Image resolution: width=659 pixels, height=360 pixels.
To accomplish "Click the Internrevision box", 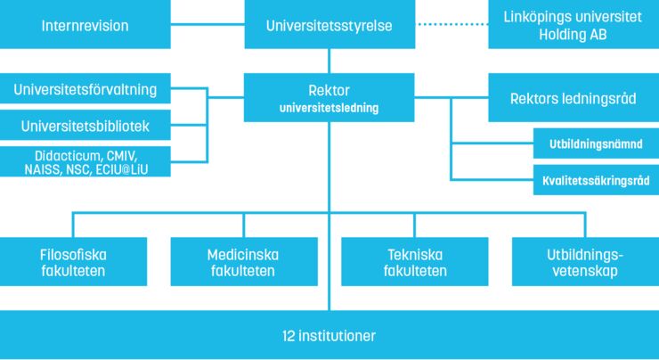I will (85, 25).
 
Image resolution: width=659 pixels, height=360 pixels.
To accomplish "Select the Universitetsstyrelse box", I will (329, 25).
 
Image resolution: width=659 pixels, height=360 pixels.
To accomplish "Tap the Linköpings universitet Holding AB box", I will (574, 25).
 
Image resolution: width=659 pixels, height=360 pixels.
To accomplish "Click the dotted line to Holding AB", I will (452, 25).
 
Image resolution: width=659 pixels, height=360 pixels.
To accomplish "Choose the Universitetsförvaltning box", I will (85, 89).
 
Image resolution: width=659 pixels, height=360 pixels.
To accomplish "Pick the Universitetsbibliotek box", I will (85, 127).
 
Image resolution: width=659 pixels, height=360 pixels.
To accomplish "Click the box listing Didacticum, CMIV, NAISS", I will (85, 161).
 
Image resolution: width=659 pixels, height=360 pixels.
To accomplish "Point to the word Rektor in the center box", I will (329, 91).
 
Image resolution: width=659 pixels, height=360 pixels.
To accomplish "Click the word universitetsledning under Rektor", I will (329, 109).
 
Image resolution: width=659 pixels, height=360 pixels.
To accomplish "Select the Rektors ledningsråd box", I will (574, 97).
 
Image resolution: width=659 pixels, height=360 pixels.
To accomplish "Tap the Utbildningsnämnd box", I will (593, 143).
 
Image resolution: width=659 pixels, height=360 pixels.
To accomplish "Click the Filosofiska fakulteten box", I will (73, 262).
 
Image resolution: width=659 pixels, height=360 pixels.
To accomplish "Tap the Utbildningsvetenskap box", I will (585, 262).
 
